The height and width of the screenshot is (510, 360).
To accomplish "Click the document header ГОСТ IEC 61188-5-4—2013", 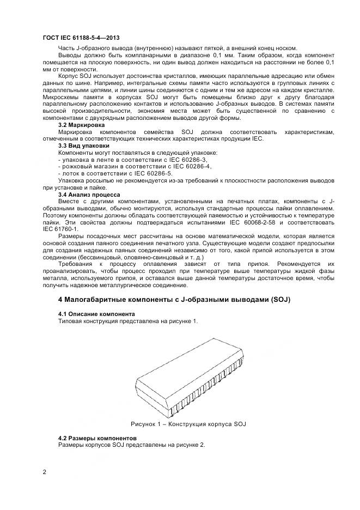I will (81, 38).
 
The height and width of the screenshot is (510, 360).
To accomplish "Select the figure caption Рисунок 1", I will (191, 423).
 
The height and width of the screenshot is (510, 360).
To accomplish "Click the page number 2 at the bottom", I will (45, 471).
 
